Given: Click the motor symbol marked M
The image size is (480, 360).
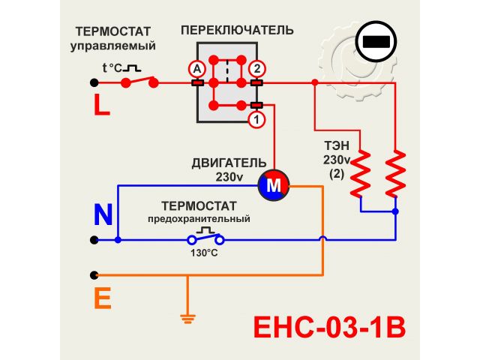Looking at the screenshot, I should [x=273, y=184].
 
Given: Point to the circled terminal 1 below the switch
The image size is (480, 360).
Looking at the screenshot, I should [x=256, y=118].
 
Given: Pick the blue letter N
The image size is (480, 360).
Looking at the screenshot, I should [x=103, y=215].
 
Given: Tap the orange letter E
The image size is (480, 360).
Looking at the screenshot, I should [x=102, y=299].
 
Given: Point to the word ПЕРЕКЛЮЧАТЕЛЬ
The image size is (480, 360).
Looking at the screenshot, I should [x=237, y=31].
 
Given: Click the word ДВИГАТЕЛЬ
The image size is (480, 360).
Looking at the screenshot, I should [x=229, y=163].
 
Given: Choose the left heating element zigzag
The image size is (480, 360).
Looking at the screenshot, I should [x=361, y=174].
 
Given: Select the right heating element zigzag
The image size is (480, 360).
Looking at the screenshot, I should [x=395, y=174].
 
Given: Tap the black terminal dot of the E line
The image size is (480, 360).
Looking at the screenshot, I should [x=94, y=274].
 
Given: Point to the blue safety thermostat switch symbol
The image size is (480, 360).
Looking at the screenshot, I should [x=205, y=238].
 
